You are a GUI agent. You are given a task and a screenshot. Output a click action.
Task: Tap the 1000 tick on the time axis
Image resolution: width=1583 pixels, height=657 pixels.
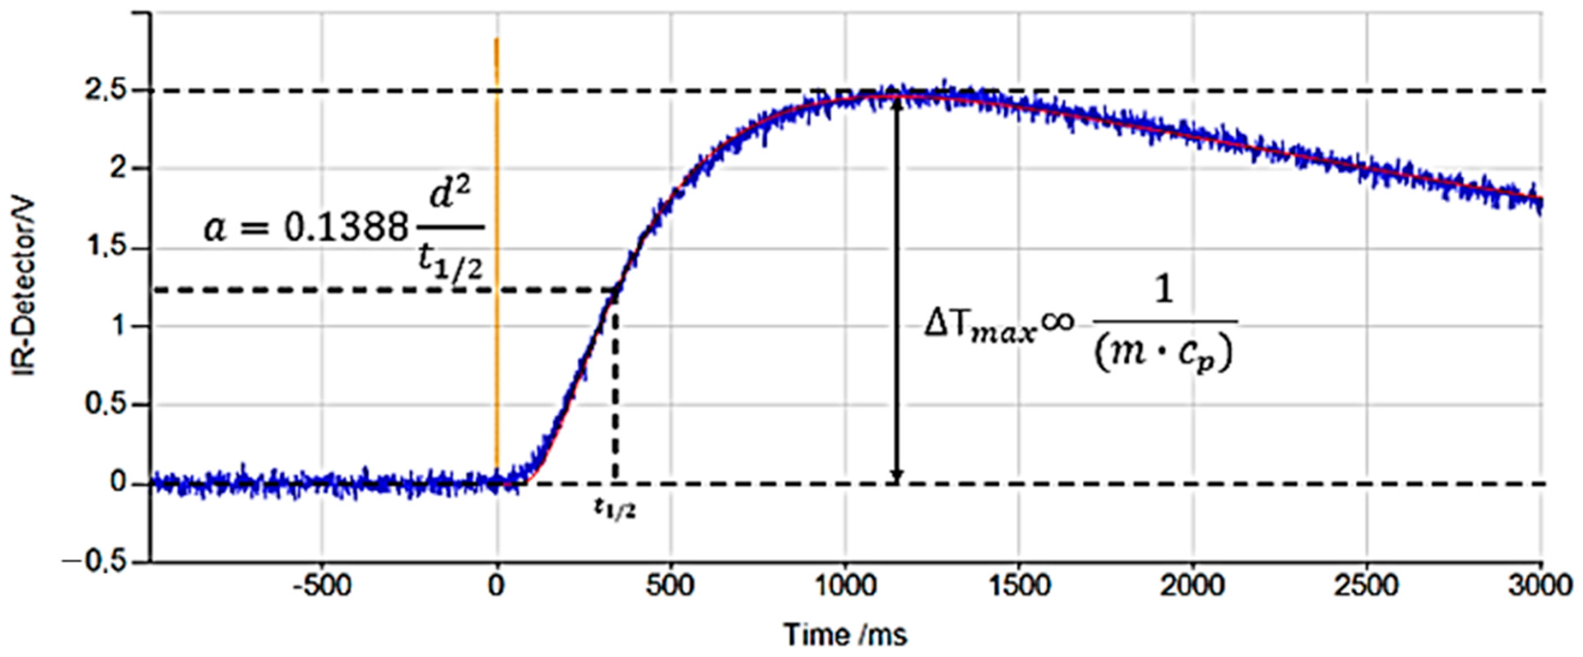845,586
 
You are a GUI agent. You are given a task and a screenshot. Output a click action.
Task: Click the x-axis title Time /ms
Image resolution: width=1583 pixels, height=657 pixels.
845,634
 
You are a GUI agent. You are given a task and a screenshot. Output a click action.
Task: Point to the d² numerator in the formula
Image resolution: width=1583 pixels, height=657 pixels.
450,196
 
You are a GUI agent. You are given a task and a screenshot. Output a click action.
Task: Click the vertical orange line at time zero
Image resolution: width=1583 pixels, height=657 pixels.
497,245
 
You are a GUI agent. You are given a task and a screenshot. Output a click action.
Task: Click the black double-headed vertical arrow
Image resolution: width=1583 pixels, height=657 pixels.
897,289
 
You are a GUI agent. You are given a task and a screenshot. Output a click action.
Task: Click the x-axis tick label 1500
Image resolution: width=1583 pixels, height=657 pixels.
1019,586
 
